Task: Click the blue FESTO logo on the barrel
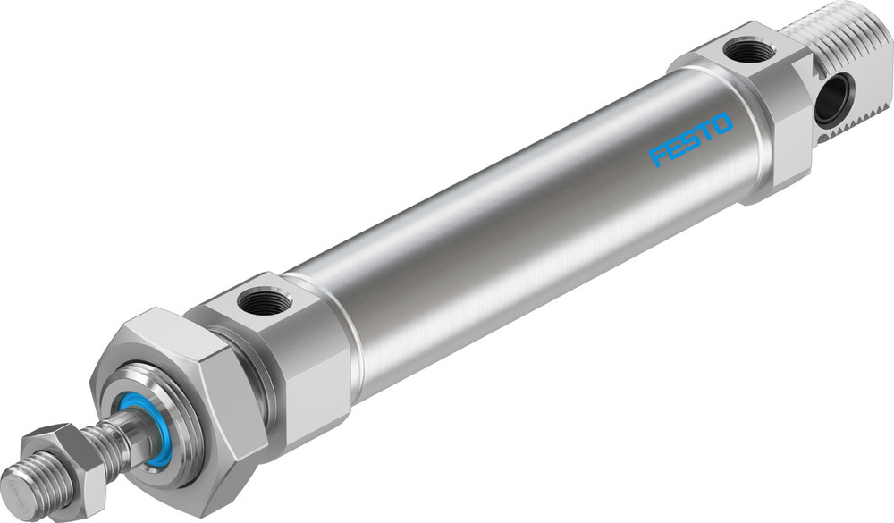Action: point(690,139)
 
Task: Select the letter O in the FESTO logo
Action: point(721,123)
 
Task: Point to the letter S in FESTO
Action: point(689,140)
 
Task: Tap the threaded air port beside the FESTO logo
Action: point(749,50)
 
